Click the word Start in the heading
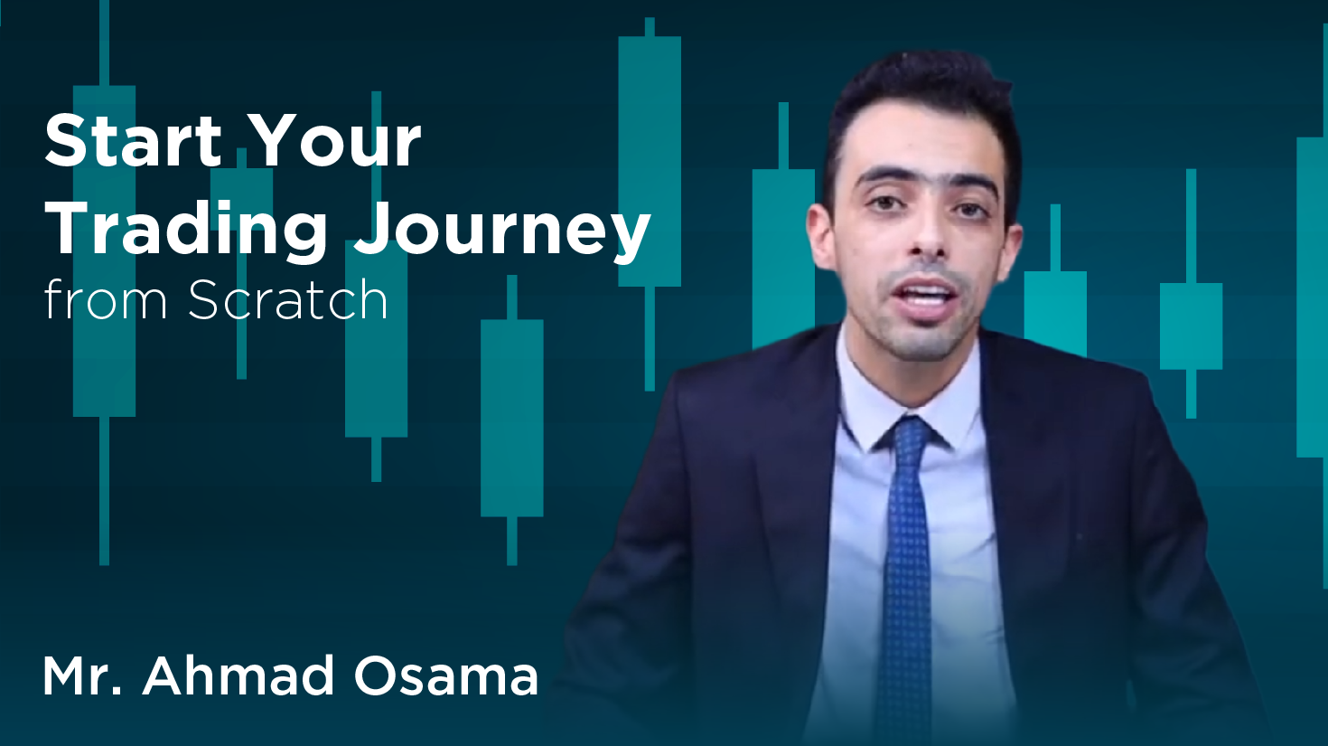pos(133,141)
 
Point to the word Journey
pos(502,230)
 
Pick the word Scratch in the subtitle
pos(288,300)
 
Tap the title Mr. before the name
pos(82,676)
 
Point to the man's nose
pos(925,240)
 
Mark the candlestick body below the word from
pos(104,362)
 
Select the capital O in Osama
pos(377,676)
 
